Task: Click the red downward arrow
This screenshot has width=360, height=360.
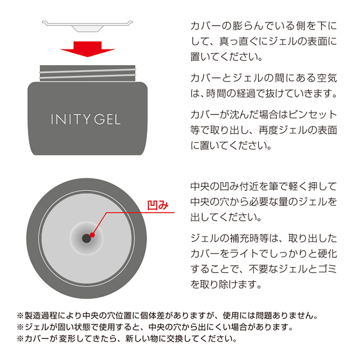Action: point(87,49)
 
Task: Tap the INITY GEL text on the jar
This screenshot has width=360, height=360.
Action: point(86,120)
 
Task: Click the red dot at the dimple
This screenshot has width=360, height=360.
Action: point(92,235)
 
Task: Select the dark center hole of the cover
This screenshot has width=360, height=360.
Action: point(86,238)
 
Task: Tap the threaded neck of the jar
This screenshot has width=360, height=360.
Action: point(87,73)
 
